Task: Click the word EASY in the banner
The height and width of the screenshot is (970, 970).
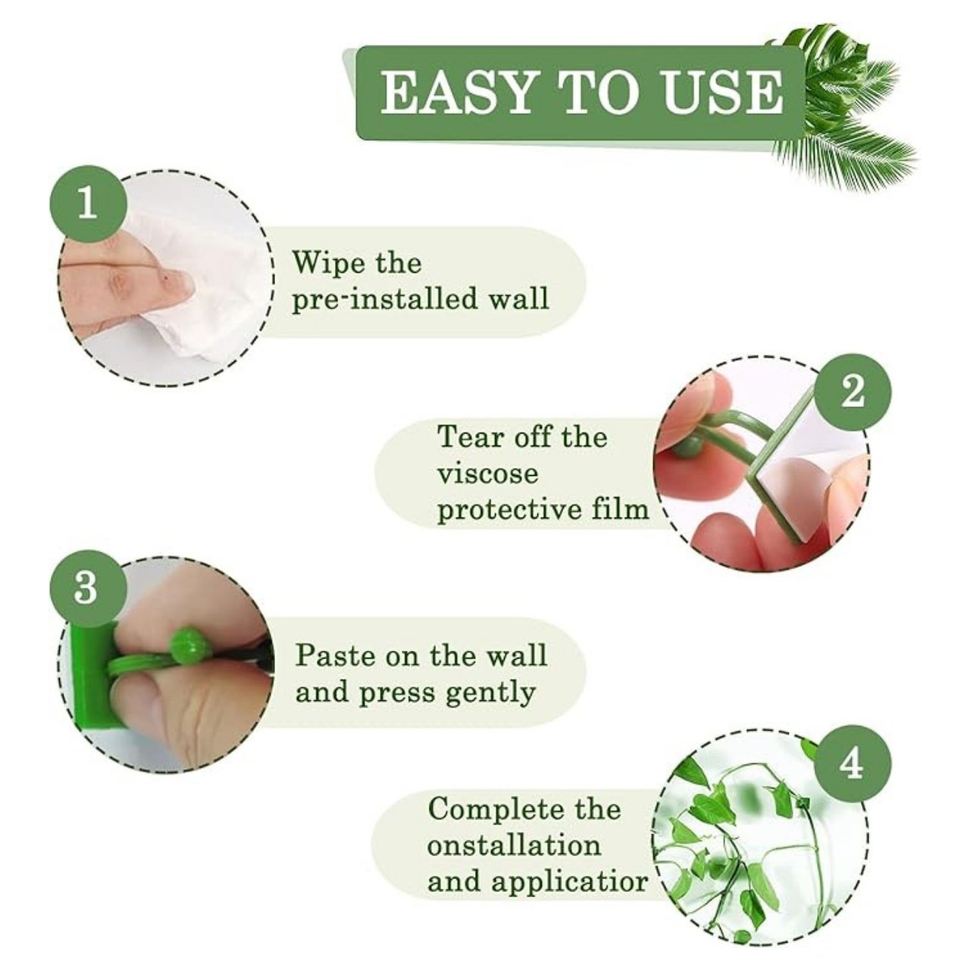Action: (x=456, y=92)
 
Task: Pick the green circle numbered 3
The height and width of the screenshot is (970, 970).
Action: (x=87, y=588)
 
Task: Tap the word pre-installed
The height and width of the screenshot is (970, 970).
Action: (x=385, y=299)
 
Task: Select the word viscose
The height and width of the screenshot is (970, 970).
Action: (x=487, y=473)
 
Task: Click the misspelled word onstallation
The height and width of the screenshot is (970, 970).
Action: (x=514, y=846)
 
